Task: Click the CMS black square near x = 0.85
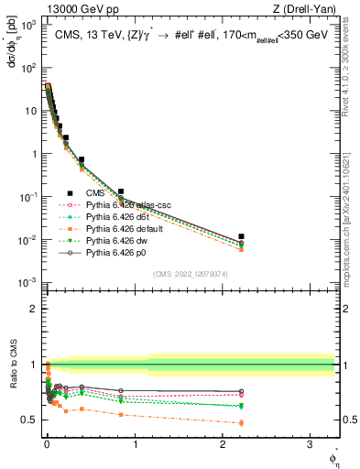click(121, 191)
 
